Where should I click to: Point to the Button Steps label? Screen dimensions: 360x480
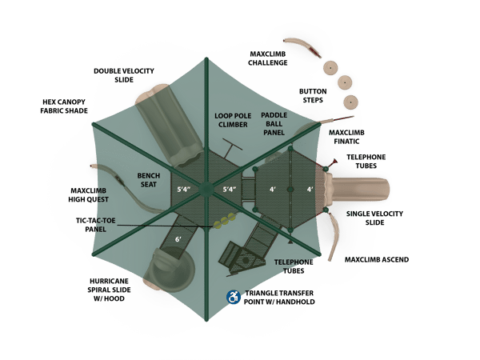pos(313,96)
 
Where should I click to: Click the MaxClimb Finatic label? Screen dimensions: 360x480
pos(347,136)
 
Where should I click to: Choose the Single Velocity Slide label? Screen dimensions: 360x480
pos(374,218)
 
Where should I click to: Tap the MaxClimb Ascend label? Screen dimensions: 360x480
pos(377,260)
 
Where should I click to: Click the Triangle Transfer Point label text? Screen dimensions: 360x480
pos(279,298)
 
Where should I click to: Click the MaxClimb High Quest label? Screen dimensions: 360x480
pos(89,195)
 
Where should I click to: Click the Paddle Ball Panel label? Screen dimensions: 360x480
pos(274,124)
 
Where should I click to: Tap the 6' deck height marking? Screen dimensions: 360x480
pos(178,239)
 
